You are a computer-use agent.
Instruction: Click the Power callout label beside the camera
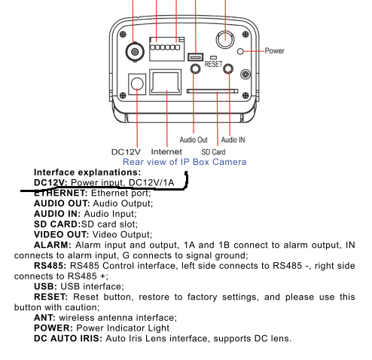coord(274,51)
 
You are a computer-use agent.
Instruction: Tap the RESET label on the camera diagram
coord(213,64)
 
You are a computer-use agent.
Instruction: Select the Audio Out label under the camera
coord(194,140)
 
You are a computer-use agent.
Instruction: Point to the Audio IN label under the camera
coord(233,140)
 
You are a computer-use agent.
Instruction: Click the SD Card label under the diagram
coord(213,152)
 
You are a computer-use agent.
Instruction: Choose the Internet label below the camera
coord(166,151)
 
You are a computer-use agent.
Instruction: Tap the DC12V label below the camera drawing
coord(126,152)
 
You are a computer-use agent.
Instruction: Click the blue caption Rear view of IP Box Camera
coord(184,162)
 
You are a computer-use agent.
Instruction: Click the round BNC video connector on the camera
coord(135,52)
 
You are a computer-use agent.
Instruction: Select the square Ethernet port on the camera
coord(166,82)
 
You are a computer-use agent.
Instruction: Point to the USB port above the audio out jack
coord(196,57)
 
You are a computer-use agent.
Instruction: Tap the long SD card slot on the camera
coord(212,91)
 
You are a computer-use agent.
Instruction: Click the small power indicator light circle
coord(240,51)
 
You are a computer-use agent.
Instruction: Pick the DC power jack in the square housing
coord(137,84)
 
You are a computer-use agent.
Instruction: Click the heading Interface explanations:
coord(87,172)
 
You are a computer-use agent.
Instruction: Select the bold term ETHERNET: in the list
coord(61,193)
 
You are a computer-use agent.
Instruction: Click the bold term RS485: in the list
coord(50,266)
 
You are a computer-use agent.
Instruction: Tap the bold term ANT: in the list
coord(44,318)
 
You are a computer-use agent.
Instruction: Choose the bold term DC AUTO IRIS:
coord(68,338)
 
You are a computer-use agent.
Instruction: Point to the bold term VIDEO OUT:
coord(62,234)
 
